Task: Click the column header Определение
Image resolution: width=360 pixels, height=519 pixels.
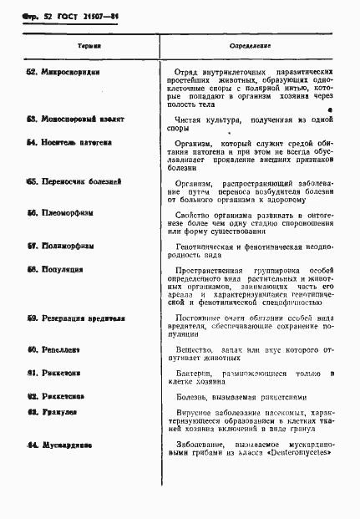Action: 250,45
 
